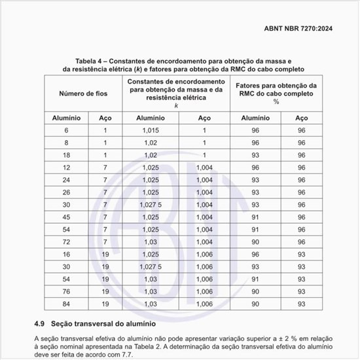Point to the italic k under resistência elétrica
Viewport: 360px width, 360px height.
tap(176, 105)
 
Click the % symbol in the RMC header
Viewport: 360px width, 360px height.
tap(276, 102)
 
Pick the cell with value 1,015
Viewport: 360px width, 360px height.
tap(150, 130)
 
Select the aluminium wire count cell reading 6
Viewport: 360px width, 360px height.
tap(66, 130)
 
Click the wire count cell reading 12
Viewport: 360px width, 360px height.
tap(66, 168)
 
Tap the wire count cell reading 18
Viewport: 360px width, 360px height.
tap(66, 155)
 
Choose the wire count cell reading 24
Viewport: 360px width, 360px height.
tap(66, 180)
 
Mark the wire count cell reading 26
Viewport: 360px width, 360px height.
tap(66, 192)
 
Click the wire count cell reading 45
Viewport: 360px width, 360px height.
tap(66, 217)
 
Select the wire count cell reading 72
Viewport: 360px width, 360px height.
tap(66, 242)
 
